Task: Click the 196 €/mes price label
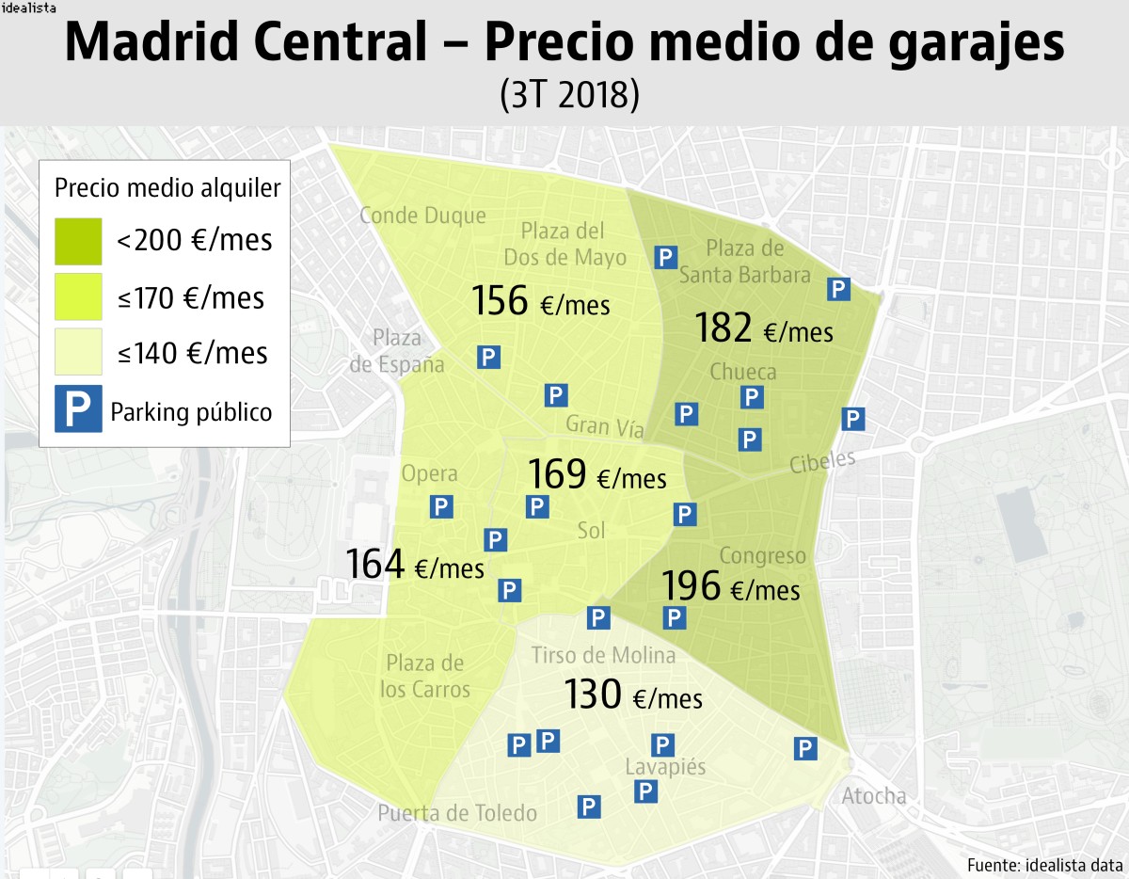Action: coord(731,587)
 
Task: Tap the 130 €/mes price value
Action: coord(632,695)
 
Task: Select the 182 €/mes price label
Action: coord(763,328)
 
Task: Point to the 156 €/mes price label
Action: coord(540,301)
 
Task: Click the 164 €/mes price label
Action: coord(414,565)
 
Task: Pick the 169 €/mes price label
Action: coord(596,474)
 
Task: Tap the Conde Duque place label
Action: coord(422,216)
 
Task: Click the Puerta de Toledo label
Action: coord(457,813)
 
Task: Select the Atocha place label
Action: coord(873,796)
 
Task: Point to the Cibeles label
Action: coord(822,462)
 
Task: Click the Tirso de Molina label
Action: coord(603,655)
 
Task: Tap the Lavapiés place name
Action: coord(665,768)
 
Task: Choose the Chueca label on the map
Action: coord(743,372)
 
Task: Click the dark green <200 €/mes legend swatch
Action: coord(78,241)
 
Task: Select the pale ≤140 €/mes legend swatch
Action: coord(78,352)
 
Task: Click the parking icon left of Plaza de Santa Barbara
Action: coord(666,257)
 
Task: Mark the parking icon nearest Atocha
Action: coord(804,748)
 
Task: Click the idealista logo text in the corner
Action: coord(28,8)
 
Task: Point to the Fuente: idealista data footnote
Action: coord(1043,864)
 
